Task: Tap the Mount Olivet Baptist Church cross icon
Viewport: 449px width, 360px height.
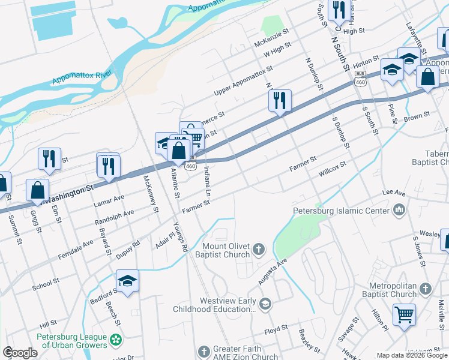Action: click(259, 249)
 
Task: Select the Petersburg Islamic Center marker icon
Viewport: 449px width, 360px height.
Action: click(399, 210)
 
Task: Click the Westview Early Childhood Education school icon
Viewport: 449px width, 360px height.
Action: click(264, 305)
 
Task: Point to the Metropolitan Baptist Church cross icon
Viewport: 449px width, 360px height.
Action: click(425, 289)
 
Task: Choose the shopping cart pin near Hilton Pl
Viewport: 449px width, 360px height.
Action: click(405, 313)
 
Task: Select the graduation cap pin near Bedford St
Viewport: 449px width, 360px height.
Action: click(128, 280)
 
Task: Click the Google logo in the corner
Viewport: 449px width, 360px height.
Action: click(20, 353)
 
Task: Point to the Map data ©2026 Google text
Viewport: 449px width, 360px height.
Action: click(411, 355)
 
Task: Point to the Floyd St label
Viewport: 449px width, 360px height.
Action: click(276, 330)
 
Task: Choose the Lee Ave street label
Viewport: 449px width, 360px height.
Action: click(394, 194)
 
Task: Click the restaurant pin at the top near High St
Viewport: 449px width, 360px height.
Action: click(340, 8)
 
